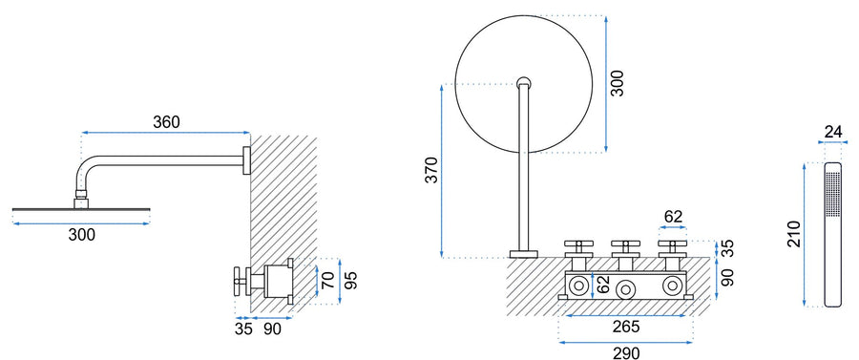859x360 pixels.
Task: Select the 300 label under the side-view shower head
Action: [82, 235]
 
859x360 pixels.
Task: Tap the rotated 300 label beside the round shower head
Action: [618, 83]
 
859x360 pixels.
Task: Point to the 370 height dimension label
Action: [432, 170]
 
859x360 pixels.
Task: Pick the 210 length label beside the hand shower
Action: [794, 234]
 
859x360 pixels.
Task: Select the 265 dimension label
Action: [626, 328]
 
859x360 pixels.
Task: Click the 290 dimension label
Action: [626, 353]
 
